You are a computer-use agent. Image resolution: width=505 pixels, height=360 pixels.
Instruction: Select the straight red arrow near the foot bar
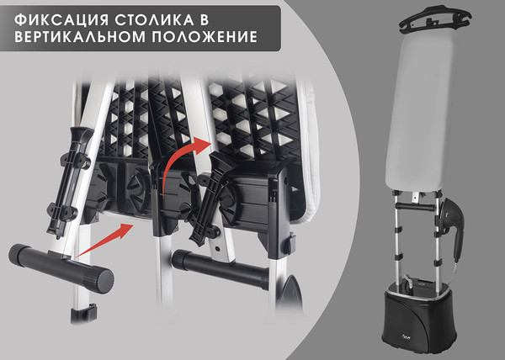[x=104, y=239]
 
